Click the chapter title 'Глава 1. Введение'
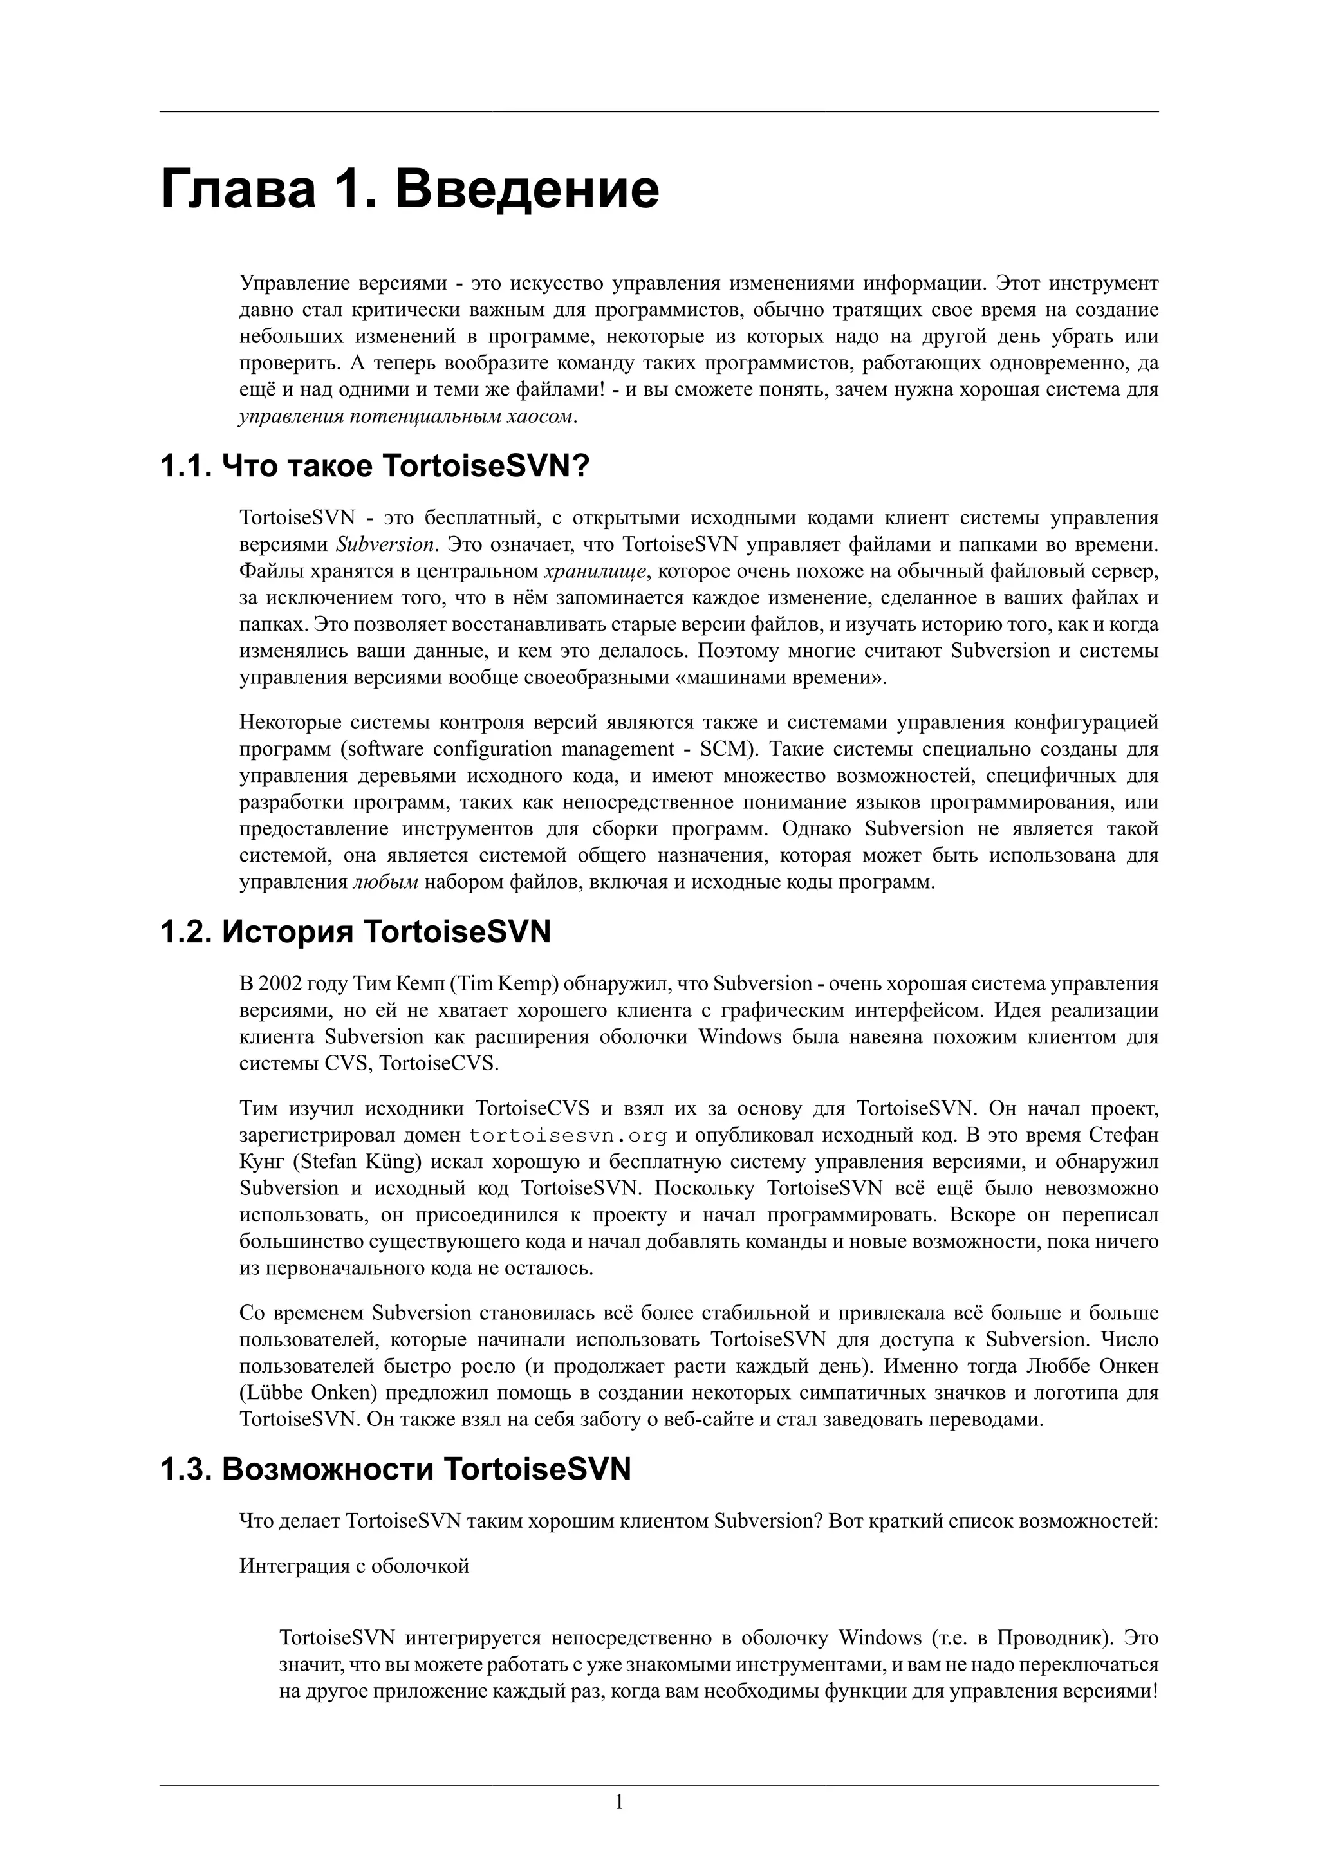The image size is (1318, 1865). click(410, 189)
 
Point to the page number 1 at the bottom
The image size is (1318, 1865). click(619, 1803)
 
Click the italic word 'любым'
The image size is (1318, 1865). click(385, 882)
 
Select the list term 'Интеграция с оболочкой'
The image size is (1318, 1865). click(354, 1566)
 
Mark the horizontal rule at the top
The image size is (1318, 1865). click(658, 112)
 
